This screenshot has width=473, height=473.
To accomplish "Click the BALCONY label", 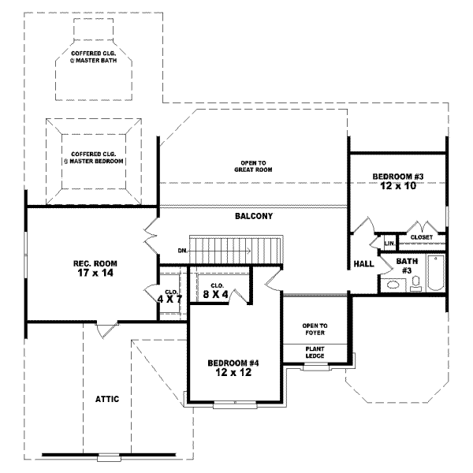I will pyautogui.click(x=253, y=216).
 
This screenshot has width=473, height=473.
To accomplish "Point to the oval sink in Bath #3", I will pyautogui.click(x=392, y=285).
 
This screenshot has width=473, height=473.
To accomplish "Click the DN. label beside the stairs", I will pyautogui.click(x=183, y=251).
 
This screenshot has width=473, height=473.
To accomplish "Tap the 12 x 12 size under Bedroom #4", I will pyautogui.click(x=233, y=373).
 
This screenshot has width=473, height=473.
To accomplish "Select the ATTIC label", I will pyautogui.click(x=107, y=399).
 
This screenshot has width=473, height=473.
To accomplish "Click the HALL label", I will pyautogui.click(x=363, y=264).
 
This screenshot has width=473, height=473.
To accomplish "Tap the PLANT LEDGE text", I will pyautogui.click(x=315, y=352).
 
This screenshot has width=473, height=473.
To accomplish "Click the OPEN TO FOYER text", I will pyautogui.click(x=315, y=329).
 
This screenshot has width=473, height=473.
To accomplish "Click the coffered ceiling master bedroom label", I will pyautogui.click(x=94, y=158).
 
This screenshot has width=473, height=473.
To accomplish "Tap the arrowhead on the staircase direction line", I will pyautogui.click(x=248, y=251).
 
